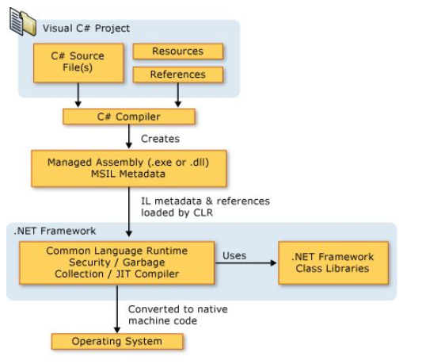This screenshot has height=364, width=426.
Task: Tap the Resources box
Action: point(177,52)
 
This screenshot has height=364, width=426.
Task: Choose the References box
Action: point(177,75)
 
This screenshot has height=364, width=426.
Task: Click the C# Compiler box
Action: point(128,117)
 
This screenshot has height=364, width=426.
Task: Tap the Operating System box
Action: point(116,341)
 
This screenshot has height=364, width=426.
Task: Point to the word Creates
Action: point(159,138)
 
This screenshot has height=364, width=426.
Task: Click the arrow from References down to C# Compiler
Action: point(177,94)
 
